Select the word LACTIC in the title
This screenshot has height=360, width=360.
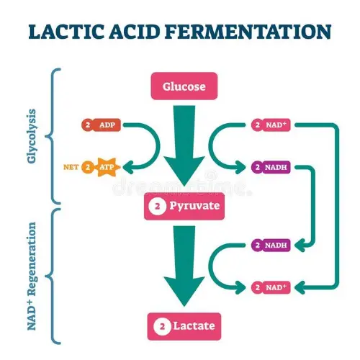coord(63,32)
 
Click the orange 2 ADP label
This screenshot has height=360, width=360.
coord(101,125)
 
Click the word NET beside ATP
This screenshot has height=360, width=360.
coord(71,167)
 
